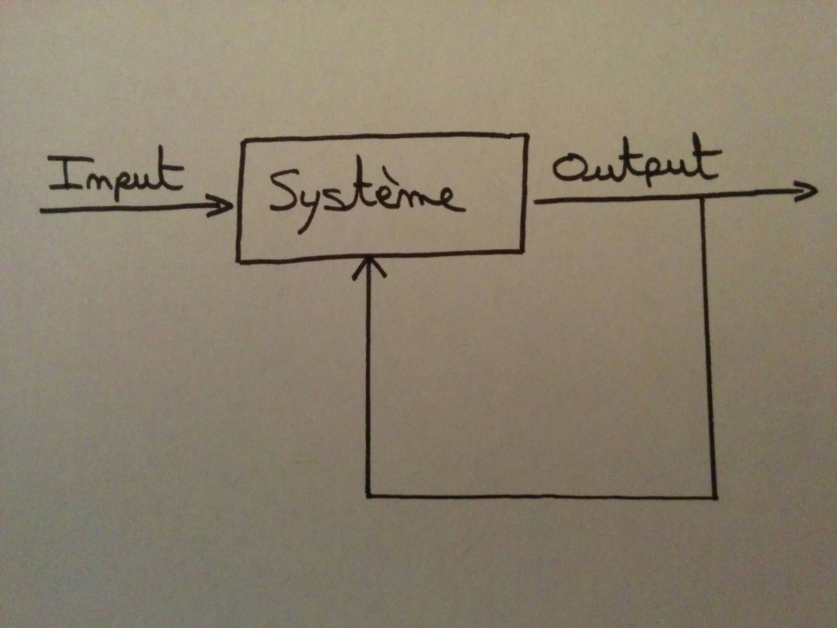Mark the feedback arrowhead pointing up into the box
tap(368, 265)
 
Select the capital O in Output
tap(568, 170)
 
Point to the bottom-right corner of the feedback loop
tap(714, 497)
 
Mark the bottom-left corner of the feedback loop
tap(368, 496)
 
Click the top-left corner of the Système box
tap(241, 142)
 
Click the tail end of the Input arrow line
tap(42, 209)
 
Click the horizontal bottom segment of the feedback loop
tap(541, 497)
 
